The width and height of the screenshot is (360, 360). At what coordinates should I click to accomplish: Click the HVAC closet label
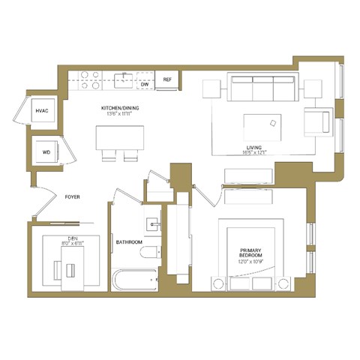click(42, 111)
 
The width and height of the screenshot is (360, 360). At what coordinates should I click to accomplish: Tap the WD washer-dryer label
click(46, 152)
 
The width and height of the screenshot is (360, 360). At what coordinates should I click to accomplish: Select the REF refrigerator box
click(167, 79)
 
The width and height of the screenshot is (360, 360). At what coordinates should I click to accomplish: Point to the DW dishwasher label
click(144, 85)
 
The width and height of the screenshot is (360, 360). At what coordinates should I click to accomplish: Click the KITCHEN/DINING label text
click(121, 108)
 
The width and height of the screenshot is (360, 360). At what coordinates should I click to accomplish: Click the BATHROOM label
click(129, 242)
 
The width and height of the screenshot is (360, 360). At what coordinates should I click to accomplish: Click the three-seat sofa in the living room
click(262, 88)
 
